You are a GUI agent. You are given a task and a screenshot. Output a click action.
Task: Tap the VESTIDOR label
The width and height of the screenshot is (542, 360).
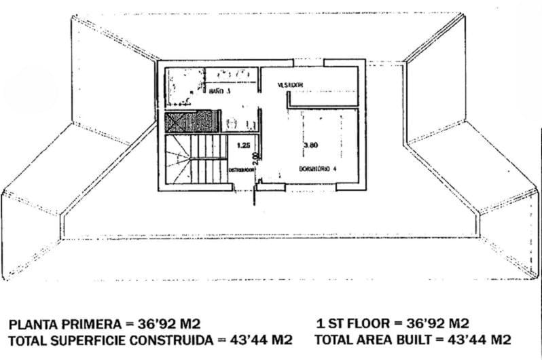290,85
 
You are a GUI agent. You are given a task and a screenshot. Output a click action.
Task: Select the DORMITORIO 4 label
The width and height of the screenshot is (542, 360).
314,168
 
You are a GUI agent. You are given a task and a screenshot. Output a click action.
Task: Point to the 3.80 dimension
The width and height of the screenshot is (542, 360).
310,145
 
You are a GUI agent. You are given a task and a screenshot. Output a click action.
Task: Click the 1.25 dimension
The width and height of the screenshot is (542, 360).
242,145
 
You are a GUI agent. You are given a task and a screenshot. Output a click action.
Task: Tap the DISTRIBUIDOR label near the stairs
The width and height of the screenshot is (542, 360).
240,169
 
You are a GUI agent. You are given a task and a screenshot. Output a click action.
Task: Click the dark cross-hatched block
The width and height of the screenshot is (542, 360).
194,122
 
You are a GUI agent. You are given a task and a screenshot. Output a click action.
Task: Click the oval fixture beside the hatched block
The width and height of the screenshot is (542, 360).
231,122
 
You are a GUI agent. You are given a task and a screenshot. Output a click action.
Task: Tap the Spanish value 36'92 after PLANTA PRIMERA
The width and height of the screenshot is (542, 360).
158,323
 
